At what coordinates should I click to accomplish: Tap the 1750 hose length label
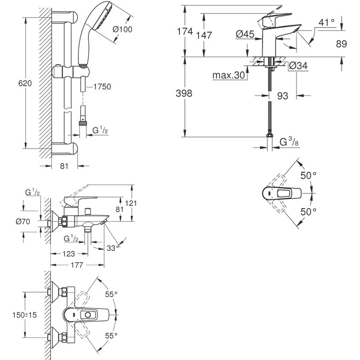[101, 87]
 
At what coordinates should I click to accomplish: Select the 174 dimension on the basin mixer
[184, 32]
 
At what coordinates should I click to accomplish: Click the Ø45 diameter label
[245, 34]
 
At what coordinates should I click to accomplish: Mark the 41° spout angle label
[327, 22]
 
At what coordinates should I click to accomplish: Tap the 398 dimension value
[184, 94]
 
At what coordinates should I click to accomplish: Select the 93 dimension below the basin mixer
[283, 96]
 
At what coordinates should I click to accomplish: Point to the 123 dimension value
[69, 254]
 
